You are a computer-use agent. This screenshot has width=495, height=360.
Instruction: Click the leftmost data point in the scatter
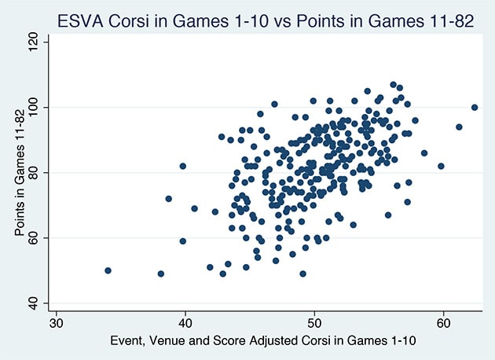[108, 270]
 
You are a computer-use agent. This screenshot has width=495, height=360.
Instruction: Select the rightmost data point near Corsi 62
[475, 107]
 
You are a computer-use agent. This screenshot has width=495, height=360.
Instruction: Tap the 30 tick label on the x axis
[56, 323]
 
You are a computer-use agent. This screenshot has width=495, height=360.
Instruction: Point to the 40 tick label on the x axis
[185, 323]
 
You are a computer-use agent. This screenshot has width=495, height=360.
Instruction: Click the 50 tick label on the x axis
[313, 323]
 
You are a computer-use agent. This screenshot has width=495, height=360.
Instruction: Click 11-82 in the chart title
[446, 20]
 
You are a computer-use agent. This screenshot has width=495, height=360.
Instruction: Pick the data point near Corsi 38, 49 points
[160, 274]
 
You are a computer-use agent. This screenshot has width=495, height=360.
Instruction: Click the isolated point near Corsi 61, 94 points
[459, 127]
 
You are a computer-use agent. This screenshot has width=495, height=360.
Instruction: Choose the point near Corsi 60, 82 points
[441, 166]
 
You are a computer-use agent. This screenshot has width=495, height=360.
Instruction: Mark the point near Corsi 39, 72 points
[168, 199]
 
